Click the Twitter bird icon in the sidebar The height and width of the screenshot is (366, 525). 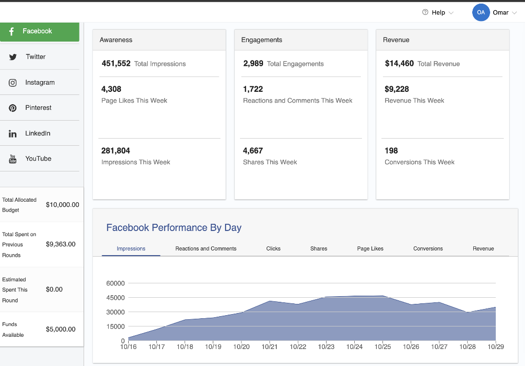13,57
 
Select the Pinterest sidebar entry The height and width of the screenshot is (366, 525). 38,108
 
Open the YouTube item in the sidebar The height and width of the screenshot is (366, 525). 38,159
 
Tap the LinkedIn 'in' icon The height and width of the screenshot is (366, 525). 13,133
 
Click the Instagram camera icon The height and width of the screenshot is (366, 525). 13,83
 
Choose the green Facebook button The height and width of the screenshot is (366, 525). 39,31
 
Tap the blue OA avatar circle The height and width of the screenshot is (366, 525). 481,12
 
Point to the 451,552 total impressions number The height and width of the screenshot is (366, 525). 116,64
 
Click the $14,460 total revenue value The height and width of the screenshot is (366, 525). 399,64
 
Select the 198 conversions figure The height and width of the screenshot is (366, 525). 391,151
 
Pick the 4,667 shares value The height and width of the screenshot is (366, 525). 253,151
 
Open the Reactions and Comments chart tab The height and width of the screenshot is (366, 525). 206,248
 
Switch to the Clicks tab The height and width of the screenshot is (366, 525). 273,248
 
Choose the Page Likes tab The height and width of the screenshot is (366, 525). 370,248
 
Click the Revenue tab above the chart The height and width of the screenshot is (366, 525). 483,248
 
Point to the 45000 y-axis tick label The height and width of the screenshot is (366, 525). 115,298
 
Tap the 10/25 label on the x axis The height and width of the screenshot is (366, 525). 382,347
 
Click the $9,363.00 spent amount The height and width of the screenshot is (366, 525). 60,244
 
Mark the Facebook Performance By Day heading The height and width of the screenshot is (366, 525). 174,228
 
